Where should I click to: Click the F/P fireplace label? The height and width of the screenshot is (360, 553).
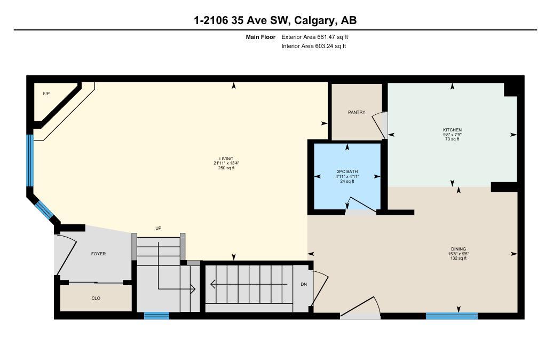coord(46,93)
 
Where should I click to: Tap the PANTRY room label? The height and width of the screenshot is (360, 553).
coord(357,112)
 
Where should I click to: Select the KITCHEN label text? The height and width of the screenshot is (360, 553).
coord(452,130)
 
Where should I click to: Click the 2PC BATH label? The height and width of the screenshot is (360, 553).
coord(347,172)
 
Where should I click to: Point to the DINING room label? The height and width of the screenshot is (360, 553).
coord(458,249)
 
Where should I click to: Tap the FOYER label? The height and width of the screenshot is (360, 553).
coord(98,254)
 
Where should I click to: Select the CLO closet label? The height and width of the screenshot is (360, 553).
coord(96,298)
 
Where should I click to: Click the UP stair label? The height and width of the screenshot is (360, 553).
coord(158,228)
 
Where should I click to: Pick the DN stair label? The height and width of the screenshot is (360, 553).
coord(304,284)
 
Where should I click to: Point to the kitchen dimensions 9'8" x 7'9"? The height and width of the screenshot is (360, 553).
coord(452,135)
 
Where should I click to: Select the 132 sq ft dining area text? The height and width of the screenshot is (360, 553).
coord(458,259)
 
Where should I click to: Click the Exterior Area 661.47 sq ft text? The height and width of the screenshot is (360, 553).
coord(314,37)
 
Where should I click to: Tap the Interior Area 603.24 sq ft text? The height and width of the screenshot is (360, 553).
coord(314,46)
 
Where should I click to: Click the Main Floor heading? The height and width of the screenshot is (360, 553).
coord(260,37)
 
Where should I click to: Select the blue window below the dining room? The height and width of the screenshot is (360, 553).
coord(452,316)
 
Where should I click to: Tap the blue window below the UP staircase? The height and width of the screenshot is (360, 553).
coord(157,316)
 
